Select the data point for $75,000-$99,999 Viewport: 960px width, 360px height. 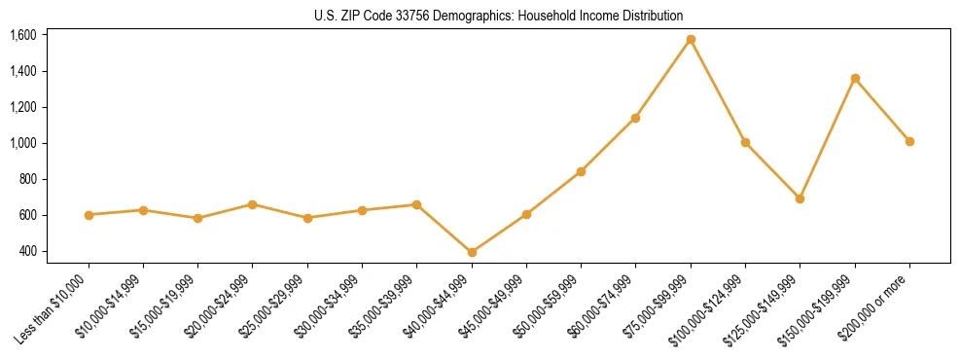coord(691,40)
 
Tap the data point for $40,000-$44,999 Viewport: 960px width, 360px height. coord(472,252)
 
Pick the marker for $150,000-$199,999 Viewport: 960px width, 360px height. coord(855,78)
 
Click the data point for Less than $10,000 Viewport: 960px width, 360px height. coord(89,215)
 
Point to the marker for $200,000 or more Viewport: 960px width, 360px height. coord(909,141)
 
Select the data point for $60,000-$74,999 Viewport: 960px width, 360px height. coord(635,118)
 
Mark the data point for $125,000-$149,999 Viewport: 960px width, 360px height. coord(800,198)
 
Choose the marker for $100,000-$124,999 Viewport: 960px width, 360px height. coord(745,142)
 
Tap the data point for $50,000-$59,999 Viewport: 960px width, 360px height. coord(581,171)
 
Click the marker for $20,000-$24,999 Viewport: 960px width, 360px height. coord(253,204)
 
